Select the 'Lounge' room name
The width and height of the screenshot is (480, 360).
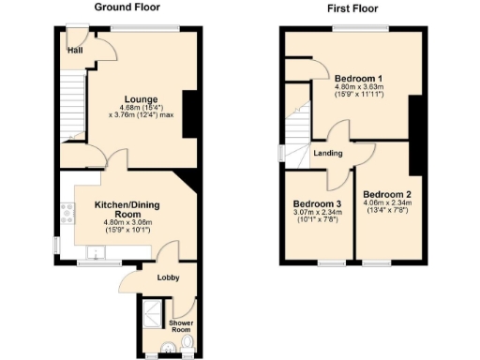[142, 99]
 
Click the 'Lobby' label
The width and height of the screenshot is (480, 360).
[168, 278]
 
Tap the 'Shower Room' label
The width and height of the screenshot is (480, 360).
[180, 327]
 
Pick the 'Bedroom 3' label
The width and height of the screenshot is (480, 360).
[316, 204]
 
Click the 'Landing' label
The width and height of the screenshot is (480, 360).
[327, 153]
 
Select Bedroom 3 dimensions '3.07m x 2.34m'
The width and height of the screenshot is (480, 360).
[316, 214]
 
